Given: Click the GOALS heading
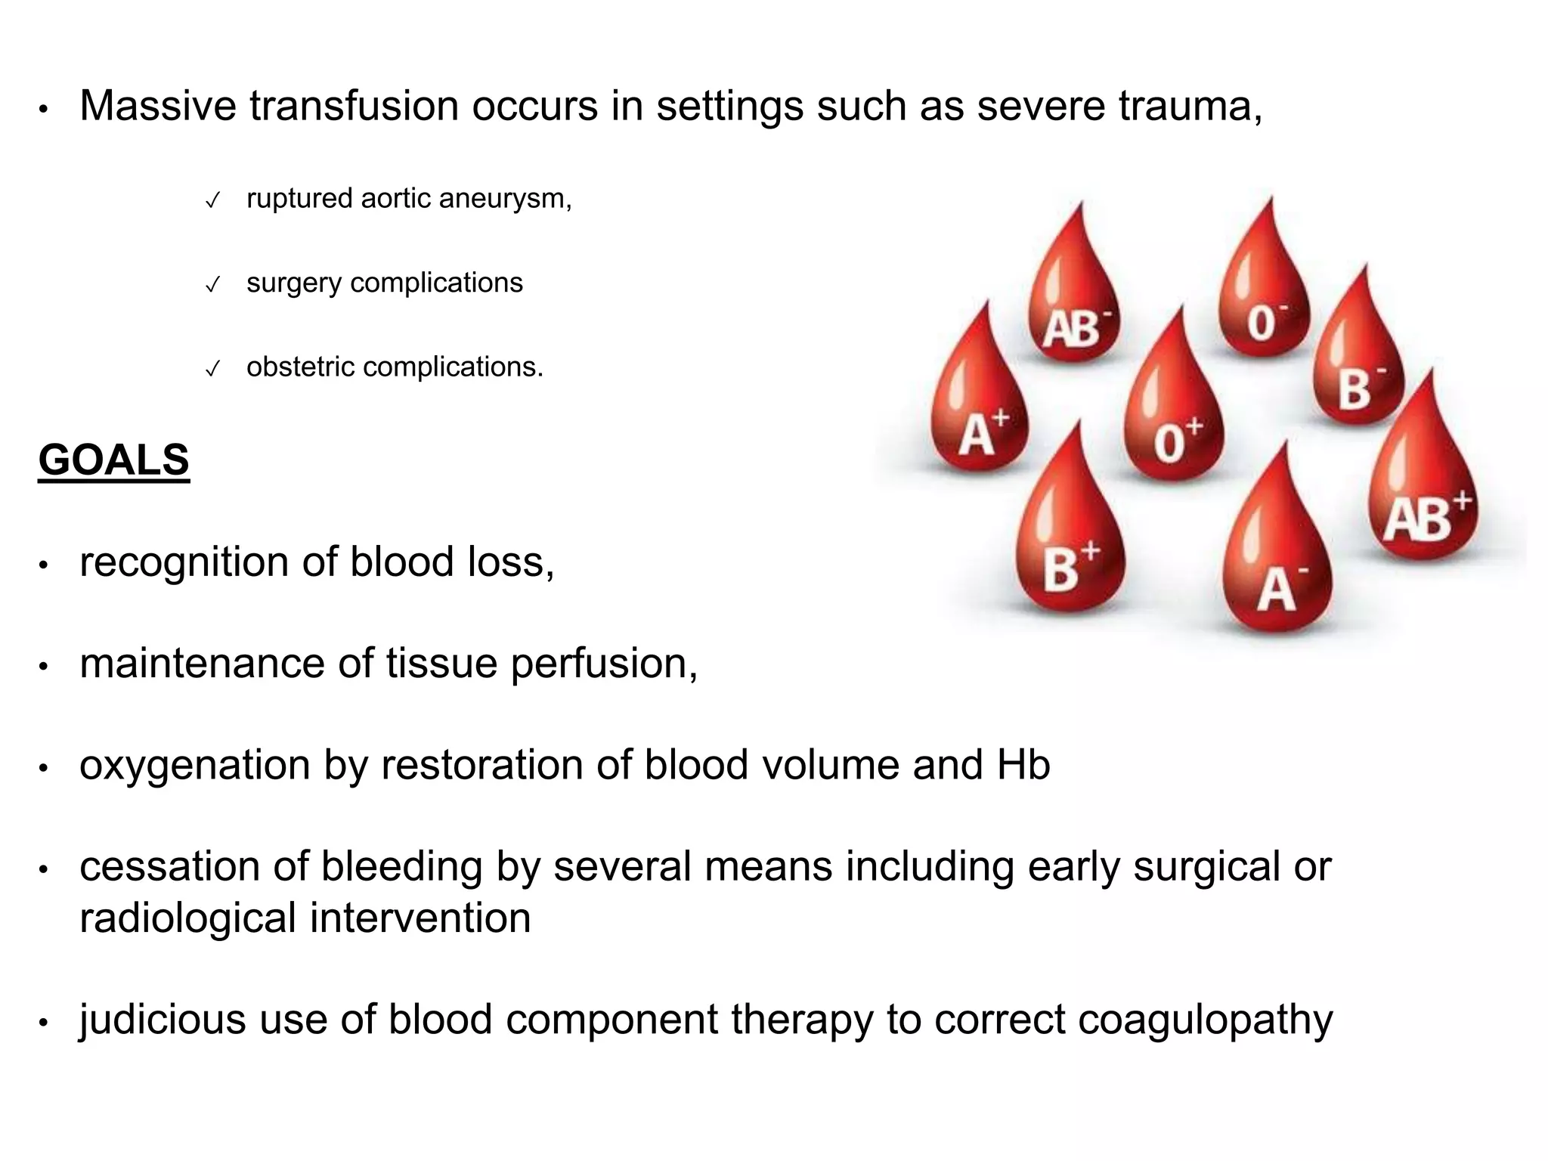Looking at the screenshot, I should (x=113, y=460).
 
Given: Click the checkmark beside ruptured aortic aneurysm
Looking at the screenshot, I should (x=213, y=201).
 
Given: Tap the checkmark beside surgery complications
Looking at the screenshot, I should (x=213, y=285).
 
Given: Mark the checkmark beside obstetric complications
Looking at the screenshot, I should (x=213, y=370).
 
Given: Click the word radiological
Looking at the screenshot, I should (x=187, y=918).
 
